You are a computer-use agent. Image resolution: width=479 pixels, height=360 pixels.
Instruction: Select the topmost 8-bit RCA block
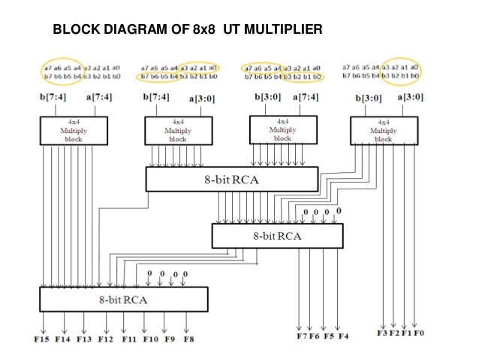(231, 178)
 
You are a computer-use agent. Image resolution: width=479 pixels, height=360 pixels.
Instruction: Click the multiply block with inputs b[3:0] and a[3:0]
(384, 130)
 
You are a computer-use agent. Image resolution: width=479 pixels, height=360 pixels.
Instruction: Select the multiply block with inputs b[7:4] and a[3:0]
(177, 130)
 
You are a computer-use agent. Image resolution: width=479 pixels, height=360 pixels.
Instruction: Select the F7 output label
(300, 335)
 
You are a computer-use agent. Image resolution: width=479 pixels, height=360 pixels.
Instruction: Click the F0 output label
(419, 331)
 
